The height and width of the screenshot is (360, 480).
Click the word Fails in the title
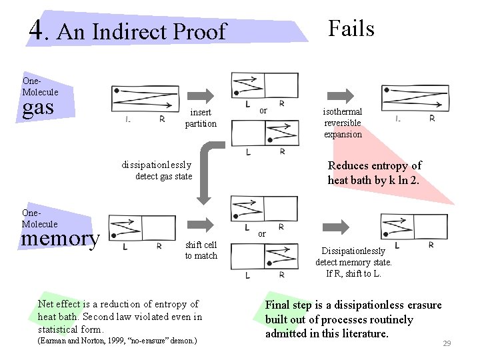click(x=351, y=28)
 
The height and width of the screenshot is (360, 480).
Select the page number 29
click(x=447, y=343)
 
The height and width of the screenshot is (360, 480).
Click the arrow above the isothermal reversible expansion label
click(x=342, y=94)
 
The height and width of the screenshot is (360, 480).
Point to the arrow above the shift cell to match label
click(x=200, y=227)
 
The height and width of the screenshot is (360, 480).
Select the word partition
click(x=201, y=123)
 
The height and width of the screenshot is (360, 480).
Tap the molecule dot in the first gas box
click(x=117, y=90)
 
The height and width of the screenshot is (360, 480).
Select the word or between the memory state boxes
click(x=262, y=234)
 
